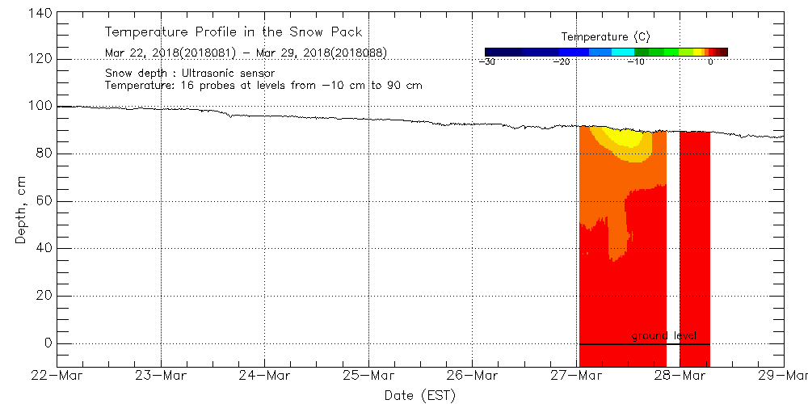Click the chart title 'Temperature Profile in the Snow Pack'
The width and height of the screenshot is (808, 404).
click(233, 33)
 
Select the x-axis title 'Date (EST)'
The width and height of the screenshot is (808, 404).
click(419, 395)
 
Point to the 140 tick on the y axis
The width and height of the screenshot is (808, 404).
click(40, 13)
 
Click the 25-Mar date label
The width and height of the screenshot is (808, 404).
click(368, 376)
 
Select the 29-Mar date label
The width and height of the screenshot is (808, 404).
click(783, 376)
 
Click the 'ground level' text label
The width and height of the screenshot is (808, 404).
click(664, 335)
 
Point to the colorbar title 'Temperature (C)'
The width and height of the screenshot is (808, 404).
click(605, 37)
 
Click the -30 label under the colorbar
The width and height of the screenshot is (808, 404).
click(486, 62)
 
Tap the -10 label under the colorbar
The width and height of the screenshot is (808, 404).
click(636, 62)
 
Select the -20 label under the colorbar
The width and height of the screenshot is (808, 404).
click(562, 62)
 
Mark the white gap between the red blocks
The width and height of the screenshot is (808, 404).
click(672, 242)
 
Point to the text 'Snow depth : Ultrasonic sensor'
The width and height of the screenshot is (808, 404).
click(190, 74)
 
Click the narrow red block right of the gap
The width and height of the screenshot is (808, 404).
click(695, 242)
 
